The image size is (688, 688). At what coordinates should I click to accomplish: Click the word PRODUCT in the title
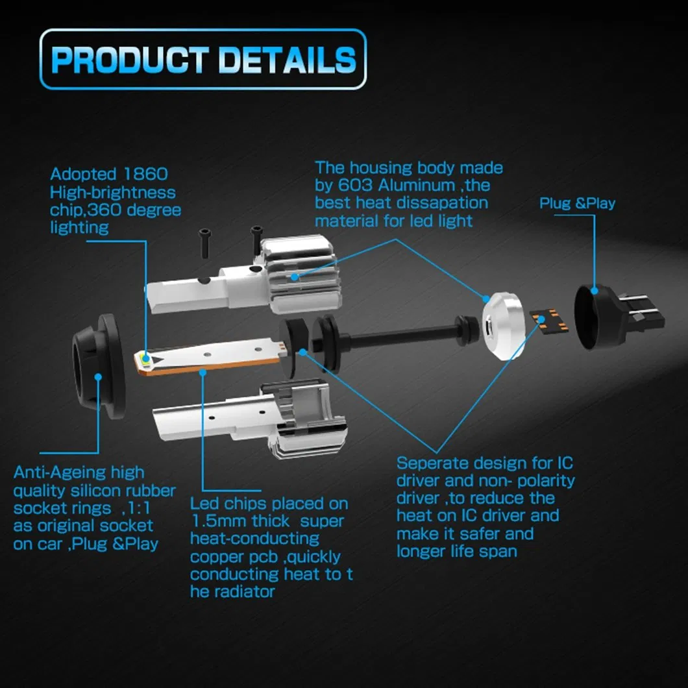click(130, 60)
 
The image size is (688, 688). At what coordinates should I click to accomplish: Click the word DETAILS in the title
click(286, 60)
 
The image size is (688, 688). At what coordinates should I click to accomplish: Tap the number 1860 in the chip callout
click(145, 174)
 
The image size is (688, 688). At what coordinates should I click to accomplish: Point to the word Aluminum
click(417, 185)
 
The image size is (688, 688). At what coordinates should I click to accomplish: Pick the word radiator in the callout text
click(245, 592)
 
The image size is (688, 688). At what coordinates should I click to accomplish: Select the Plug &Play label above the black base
click(577, 203)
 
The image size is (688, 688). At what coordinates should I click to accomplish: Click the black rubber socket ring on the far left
click(99, 366)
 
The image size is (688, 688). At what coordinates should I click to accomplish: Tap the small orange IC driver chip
click(549, 321)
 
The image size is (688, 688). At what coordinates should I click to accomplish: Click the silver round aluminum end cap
click(504, 325)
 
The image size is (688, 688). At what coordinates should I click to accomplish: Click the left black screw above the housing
click(205, 243)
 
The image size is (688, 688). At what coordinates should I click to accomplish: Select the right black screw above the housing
click(256, 239)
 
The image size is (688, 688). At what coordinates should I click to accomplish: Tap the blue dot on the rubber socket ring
click(98, 377)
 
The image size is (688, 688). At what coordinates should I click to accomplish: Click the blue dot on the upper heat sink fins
click(295, 277)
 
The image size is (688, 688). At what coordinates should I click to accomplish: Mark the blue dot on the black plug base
click(595, 291)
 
